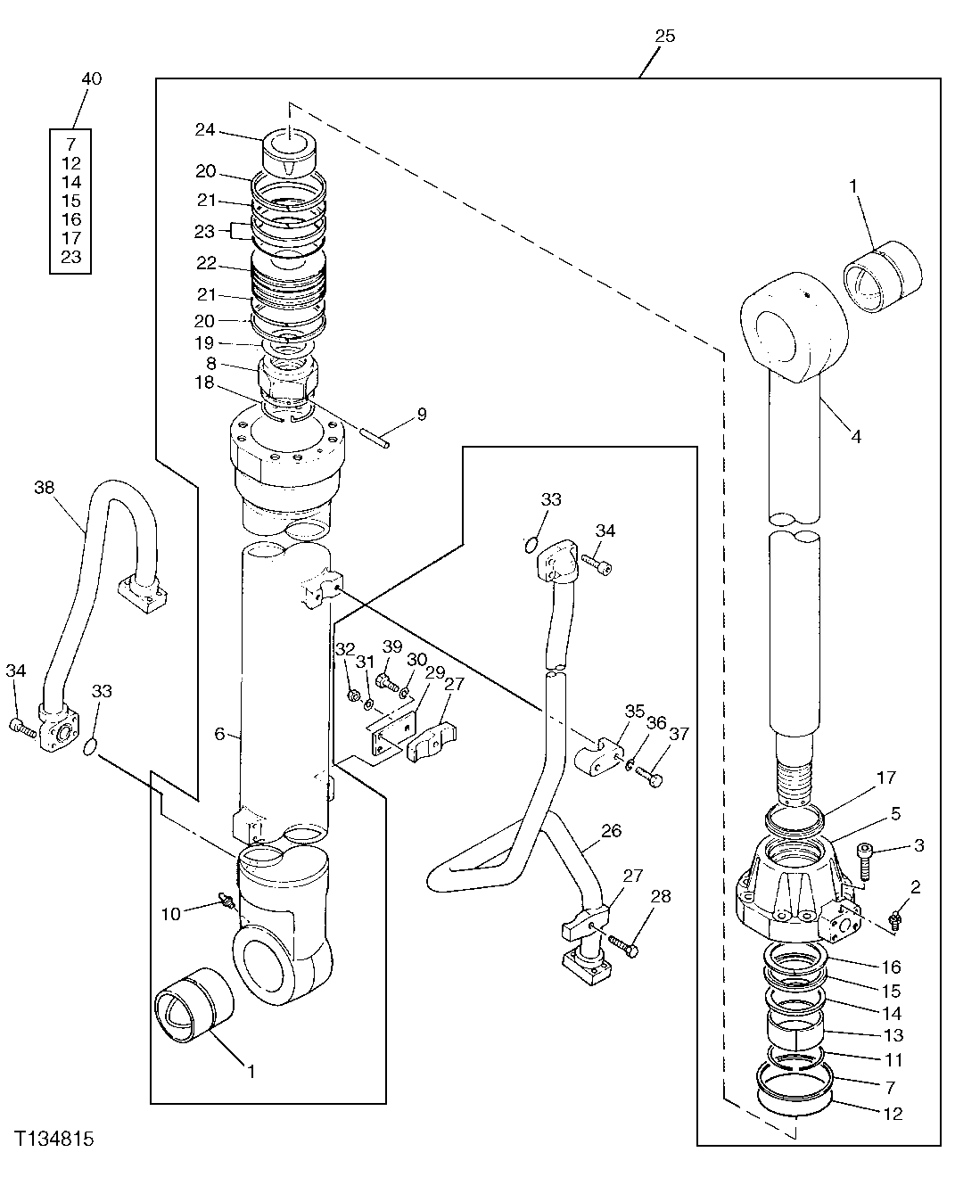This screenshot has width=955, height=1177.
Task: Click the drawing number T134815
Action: click(x=54, y=1140)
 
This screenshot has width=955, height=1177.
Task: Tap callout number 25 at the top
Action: click(x=664, y=37)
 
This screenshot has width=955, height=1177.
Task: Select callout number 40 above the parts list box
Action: click(x=91, y=79)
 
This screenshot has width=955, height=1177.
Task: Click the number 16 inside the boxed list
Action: click(x=72, y=219)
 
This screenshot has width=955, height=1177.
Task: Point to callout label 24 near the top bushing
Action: click(x=205, y=130)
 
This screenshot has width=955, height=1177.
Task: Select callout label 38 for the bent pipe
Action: click(x=45, y=487)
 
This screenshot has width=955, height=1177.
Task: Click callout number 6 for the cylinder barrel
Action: click(x=218, y=733)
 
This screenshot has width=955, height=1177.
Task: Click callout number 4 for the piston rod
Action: click(x=855, y=437)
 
